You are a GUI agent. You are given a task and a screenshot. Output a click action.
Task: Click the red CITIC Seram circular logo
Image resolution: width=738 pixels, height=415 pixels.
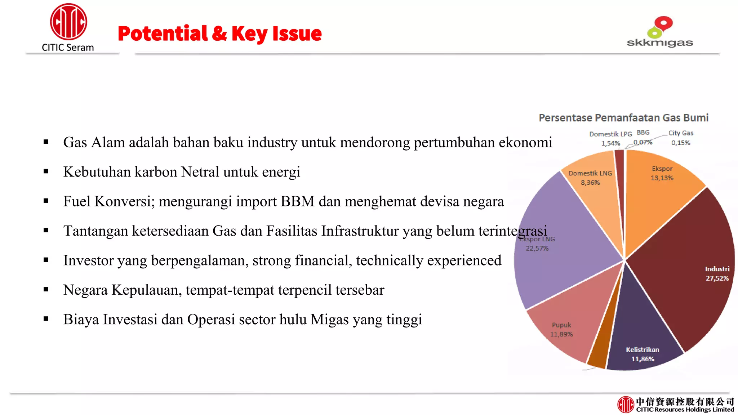pos(68,22)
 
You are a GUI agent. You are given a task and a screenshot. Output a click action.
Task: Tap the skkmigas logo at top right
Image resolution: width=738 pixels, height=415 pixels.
pos(659,32)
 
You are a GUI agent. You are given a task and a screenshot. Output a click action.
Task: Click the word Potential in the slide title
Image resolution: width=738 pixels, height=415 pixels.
pos(163,34)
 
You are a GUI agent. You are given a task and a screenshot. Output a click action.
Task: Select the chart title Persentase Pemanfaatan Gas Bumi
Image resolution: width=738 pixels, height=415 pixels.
pos(623,118)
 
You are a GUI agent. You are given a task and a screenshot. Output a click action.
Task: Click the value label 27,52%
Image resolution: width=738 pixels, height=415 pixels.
pos(717,278)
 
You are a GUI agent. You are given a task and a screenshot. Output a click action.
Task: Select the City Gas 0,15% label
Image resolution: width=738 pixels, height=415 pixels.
pos(681,138)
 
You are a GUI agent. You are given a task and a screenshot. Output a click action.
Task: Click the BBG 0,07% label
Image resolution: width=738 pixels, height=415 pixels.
pos(643,138)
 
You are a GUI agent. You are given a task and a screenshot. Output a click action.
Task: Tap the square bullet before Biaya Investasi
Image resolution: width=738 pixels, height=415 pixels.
pos(46,319)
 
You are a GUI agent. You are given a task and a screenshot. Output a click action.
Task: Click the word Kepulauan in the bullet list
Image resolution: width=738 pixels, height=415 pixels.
pos(146,290)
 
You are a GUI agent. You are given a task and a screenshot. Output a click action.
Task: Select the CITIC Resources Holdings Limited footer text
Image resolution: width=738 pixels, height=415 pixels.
pos(685,410)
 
